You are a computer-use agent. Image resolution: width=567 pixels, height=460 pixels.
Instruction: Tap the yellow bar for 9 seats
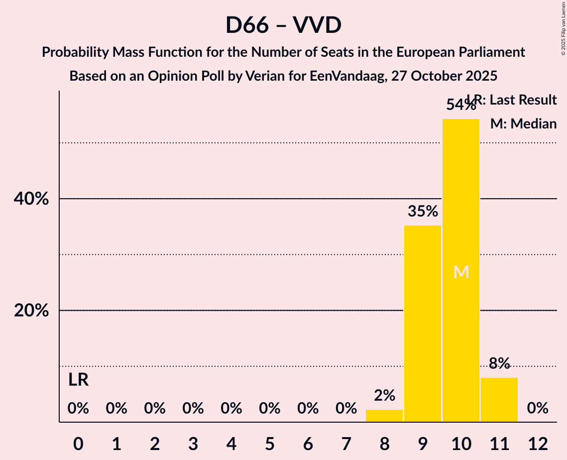pos(423,324)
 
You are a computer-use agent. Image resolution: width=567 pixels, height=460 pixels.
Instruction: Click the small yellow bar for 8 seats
pos(384,416)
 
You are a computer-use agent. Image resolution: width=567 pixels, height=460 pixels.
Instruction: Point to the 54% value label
pos(461,106)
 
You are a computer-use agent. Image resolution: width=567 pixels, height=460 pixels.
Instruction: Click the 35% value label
pos(423,212)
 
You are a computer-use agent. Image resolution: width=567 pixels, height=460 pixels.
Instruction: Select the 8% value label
pos(499,363)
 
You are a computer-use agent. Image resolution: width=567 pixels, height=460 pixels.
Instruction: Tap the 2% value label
pos(384,396)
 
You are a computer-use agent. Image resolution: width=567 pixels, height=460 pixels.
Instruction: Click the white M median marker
pos(461,272)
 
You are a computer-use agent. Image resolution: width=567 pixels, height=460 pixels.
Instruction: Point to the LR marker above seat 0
pos(78,380)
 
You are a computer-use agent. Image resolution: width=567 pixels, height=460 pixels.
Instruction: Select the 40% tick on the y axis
pos(31,199)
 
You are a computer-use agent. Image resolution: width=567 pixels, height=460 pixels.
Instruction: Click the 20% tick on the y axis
pos(31,311)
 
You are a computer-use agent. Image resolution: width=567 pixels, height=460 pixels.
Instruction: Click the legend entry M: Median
pos(523,123)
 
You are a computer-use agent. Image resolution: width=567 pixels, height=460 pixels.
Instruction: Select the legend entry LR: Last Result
pos(513,100)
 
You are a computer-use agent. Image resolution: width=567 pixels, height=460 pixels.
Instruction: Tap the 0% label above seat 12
pos(538,409)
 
